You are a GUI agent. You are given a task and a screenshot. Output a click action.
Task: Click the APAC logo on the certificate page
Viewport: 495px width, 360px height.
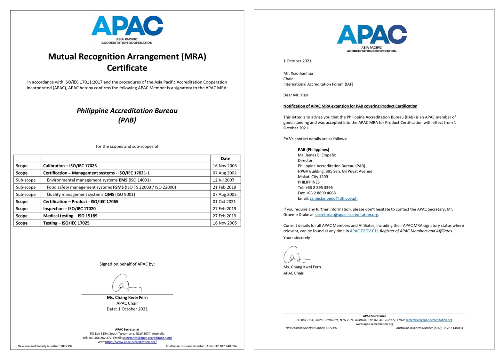click(127, 29)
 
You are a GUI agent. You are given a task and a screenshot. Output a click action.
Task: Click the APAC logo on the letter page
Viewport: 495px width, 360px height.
click(372, 38)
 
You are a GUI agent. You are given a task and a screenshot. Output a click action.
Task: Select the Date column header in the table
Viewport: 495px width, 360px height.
click(225, 159)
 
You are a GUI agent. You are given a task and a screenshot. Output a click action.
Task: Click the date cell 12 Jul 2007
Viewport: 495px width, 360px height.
click(223, 180)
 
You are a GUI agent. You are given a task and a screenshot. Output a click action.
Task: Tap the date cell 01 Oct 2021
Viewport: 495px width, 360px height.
click(224, 202)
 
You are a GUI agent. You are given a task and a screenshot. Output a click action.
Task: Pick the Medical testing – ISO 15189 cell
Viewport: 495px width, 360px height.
click(70, 216)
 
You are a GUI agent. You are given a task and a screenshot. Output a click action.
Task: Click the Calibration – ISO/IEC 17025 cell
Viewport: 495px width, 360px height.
click(70, 166)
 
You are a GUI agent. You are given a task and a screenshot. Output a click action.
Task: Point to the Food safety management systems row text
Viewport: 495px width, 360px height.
click(111, 187)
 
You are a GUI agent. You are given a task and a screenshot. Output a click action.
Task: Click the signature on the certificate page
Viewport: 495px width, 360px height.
click(126, 283)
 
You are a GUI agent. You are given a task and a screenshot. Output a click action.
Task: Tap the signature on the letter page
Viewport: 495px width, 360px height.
click(296, 255)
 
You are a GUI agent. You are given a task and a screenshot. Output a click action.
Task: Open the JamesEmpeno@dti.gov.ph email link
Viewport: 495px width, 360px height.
click(333, 198)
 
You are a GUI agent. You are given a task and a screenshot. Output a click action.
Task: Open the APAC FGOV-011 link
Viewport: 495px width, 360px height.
click(364, 231)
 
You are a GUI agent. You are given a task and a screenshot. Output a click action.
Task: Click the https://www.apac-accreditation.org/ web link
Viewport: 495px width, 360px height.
click(131, 342)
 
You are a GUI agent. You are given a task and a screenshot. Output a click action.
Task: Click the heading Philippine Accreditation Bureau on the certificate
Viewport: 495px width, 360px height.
click(127, 111)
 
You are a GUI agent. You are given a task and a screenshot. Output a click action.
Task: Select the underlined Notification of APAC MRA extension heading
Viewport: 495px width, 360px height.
click(350, 106)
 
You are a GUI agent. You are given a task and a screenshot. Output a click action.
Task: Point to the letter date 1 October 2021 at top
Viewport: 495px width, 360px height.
click(297, 61)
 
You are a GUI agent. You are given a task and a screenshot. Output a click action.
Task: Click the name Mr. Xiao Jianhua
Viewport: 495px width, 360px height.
click(298, 73)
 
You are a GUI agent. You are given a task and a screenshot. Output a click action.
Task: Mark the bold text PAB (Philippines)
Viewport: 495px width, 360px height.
click(313, 150)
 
